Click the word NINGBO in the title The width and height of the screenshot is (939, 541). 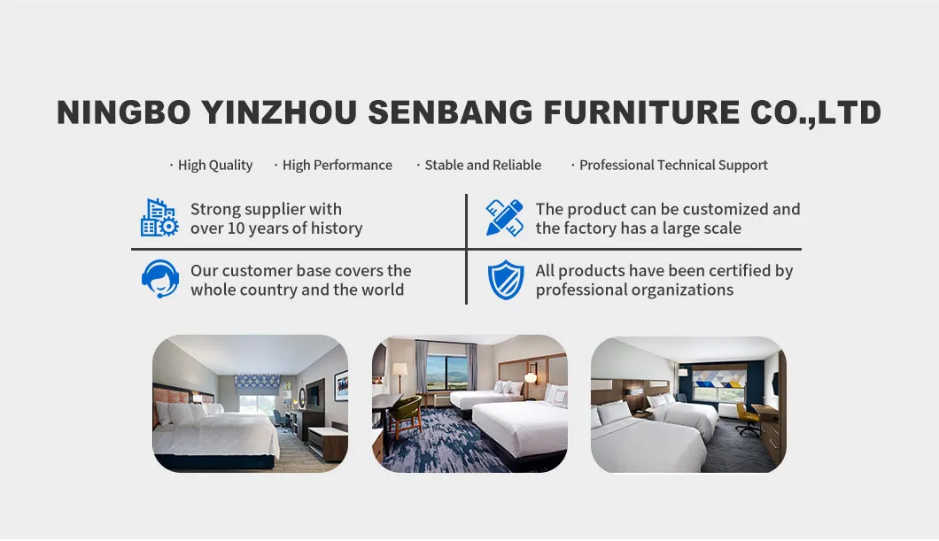[x=123, y=112]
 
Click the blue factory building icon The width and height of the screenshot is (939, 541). [x=159, y=218]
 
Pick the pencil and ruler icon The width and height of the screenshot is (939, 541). [x=504, y=218]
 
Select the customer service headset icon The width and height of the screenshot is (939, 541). [x=159, y=280]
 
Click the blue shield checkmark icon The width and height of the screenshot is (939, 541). [x=505, y=280]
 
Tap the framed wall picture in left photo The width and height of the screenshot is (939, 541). [x=340, y=386]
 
